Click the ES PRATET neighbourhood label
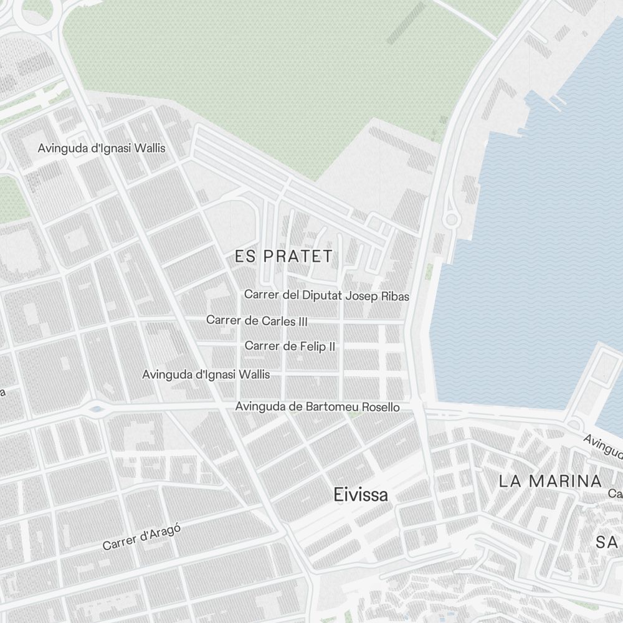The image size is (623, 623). coord(283,256)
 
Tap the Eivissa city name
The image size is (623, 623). coord(361,495)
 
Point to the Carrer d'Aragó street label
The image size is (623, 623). coord(141,537)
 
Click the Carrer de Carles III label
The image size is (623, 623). coord(257,321)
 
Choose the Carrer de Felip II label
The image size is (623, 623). coord(290,346)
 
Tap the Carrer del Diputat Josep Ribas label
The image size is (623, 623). coord(326,295)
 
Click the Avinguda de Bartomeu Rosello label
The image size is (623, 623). coord(317,407)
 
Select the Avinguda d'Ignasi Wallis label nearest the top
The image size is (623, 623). coord(102,149)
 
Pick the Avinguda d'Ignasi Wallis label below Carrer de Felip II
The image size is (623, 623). coord(206,374)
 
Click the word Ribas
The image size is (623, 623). coord(394,296)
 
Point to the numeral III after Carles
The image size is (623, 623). coord(302,321)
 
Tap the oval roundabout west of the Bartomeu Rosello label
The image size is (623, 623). coord(95,409)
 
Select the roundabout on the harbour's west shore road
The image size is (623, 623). coord(450,219)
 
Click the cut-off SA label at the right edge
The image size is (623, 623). coord(607,542)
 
